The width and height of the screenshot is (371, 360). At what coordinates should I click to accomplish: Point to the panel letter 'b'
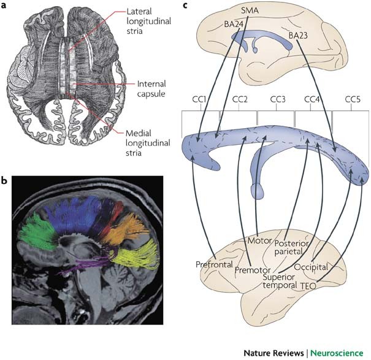click(4, 180)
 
